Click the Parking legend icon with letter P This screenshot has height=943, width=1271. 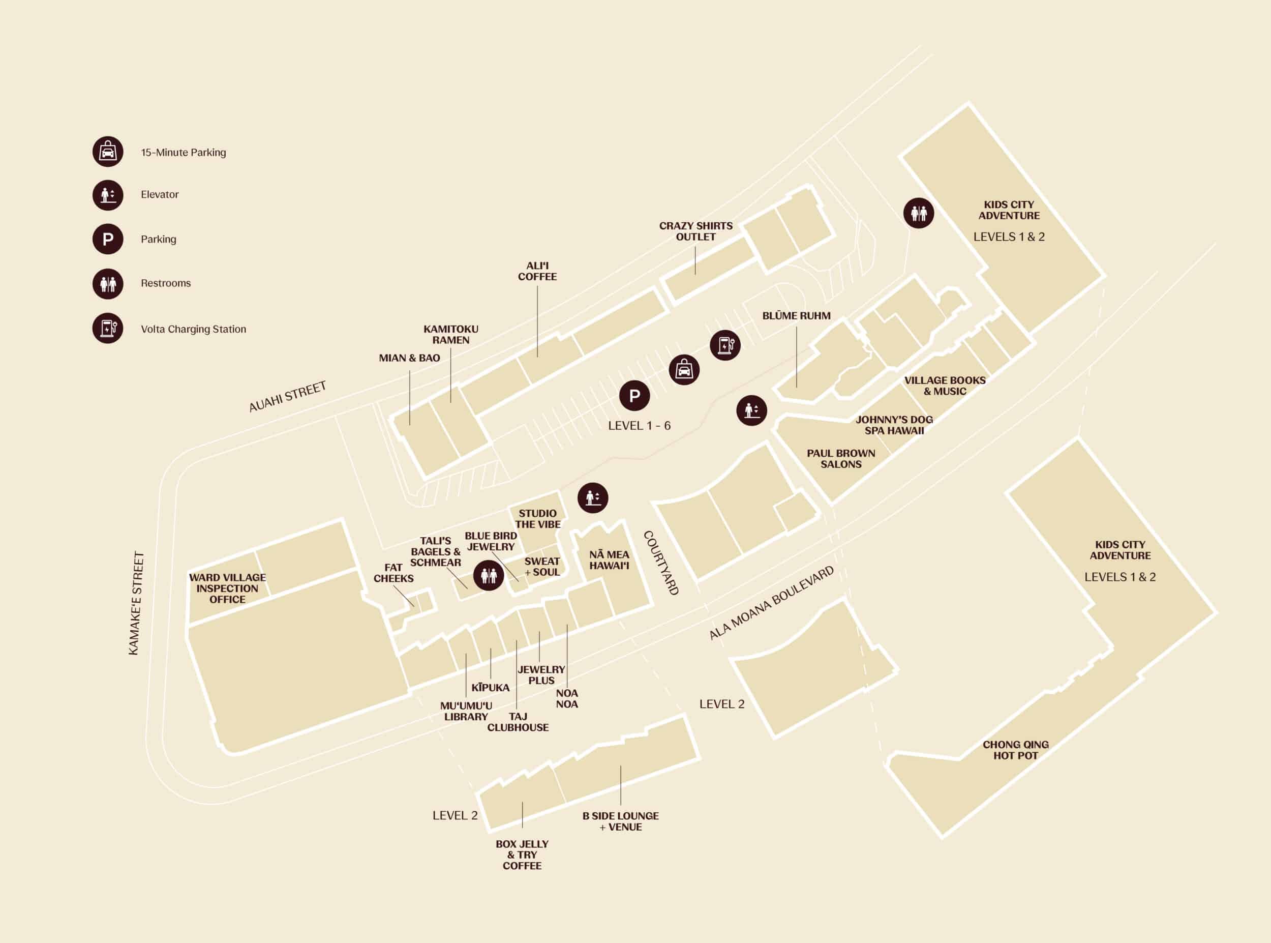click(x=108, y=239)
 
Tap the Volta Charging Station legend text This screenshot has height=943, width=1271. click(x=193, y=329)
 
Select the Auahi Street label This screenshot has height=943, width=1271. click(x=288, y=396)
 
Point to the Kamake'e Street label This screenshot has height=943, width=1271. click(x=136, y=603)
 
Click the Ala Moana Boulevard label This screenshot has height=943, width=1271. click(x=771, y=603)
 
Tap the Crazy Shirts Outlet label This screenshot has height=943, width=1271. click(x=695, y=231)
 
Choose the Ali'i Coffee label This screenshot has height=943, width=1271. click(x=537, y=271)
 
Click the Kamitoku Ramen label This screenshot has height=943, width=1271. click(x=450, y=335)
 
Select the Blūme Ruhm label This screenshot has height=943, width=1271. click(x=796, y=316)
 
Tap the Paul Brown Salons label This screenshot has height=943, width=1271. click(x=840, y=458)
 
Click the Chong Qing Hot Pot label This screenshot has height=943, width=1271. click(x=1015, y=750)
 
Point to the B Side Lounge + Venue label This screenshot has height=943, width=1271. click(x=620, y=821)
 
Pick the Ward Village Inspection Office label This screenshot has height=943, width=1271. click(x=227, y=588)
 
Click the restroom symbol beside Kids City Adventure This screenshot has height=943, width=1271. click(x=919, y=213)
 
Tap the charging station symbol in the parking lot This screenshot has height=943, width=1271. click(x=725, y=345)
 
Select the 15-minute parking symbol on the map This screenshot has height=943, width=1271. click(x=684, y=370)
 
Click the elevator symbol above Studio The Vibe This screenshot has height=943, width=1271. click(x=593, y=497)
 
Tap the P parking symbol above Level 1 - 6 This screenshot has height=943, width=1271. click(x=634, y=395)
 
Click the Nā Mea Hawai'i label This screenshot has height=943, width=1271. click(x=609, y=559)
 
